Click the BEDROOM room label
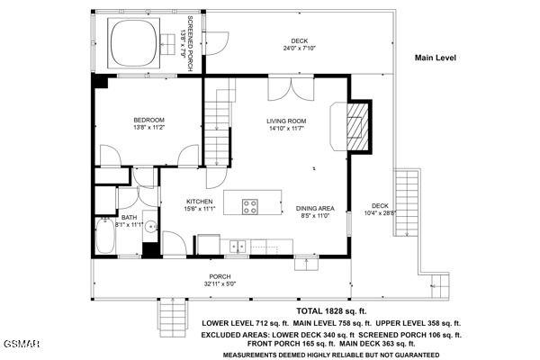[x=148, y=121]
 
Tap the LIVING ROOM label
[x=286, y=121]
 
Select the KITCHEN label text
[x=200, y=202]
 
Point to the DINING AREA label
[x=315, y=209]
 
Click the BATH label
[x=129, y=218]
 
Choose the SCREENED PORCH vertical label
[x=190, y=43]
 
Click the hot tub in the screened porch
[x=133, y=43]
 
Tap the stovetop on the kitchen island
[x=250, y=207]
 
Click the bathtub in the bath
[x=104, y=235]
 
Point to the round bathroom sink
[x=151, y=226]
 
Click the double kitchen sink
[x=238, y=247]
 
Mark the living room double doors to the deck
[x=291, y=89]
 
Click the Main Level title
[x=436, y=58]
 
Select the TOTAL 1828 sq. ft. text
[x=331, y=311]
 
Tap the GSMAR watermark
[x=22, y=344]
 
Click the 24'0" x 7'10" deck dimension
[x=300, y=49]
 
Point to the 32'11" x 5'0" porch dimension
[x=220, y=283]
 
